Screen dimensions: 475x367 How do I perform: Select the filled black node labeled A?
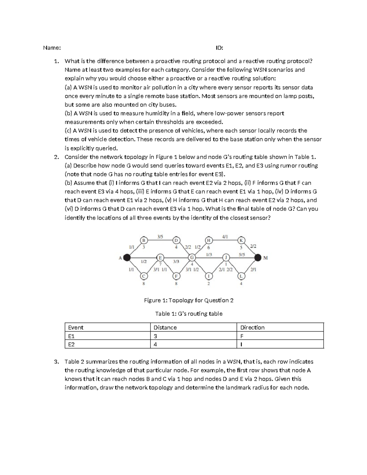pyautogui.click(x=127, y=258)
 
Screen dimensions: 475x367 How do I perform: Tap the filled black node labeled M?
pyautogui.click(x=258, y=258)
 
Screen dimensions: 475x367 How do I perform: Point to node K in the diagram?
pyautogui.click(x=242, y=240)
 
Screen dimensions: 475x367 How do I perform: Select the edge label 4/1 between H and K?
pyautogui.click(x=225, y=236)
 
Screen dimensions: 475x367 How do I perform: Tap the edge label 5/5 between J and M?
pyautogui.click(x=242, y=254)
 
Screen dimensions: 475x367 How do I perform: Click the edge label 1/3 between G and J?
pyautogui.click(x=209, y=254)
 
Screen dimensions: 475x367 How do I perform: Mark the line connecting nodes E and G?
pyautogui.click(x=176, y=258)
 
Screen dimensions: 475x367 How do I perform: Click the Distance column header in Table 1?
pyautogui.click(x=165, y=328)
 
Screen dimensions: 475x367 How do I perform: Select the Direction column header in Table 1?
pyautogui.click(x=252, y=328)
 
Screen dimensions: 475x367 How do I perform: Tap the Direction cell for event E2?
pyautogui.click(x=241, y=344)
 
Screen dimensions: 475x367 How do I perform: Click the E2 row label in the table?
pyautogui.click(x=71, y=344)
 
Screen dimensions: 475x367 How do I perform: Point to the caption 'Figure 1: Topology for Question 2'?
pyautogui.click(x=189, y=300)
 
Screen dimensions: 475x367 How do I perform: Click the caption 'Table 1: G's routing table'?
pyautogui.click(x=189, y=314)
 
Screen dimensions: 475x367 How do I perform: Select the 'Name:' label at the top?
pyautogui.click(x=52, y=48)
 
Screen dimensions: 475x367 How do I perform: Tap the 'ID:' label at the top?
pyautogui.click(x=219, y=48)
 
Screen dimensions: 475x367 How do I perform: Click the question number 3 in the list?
pyautogui.click(x=56, y=362)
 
